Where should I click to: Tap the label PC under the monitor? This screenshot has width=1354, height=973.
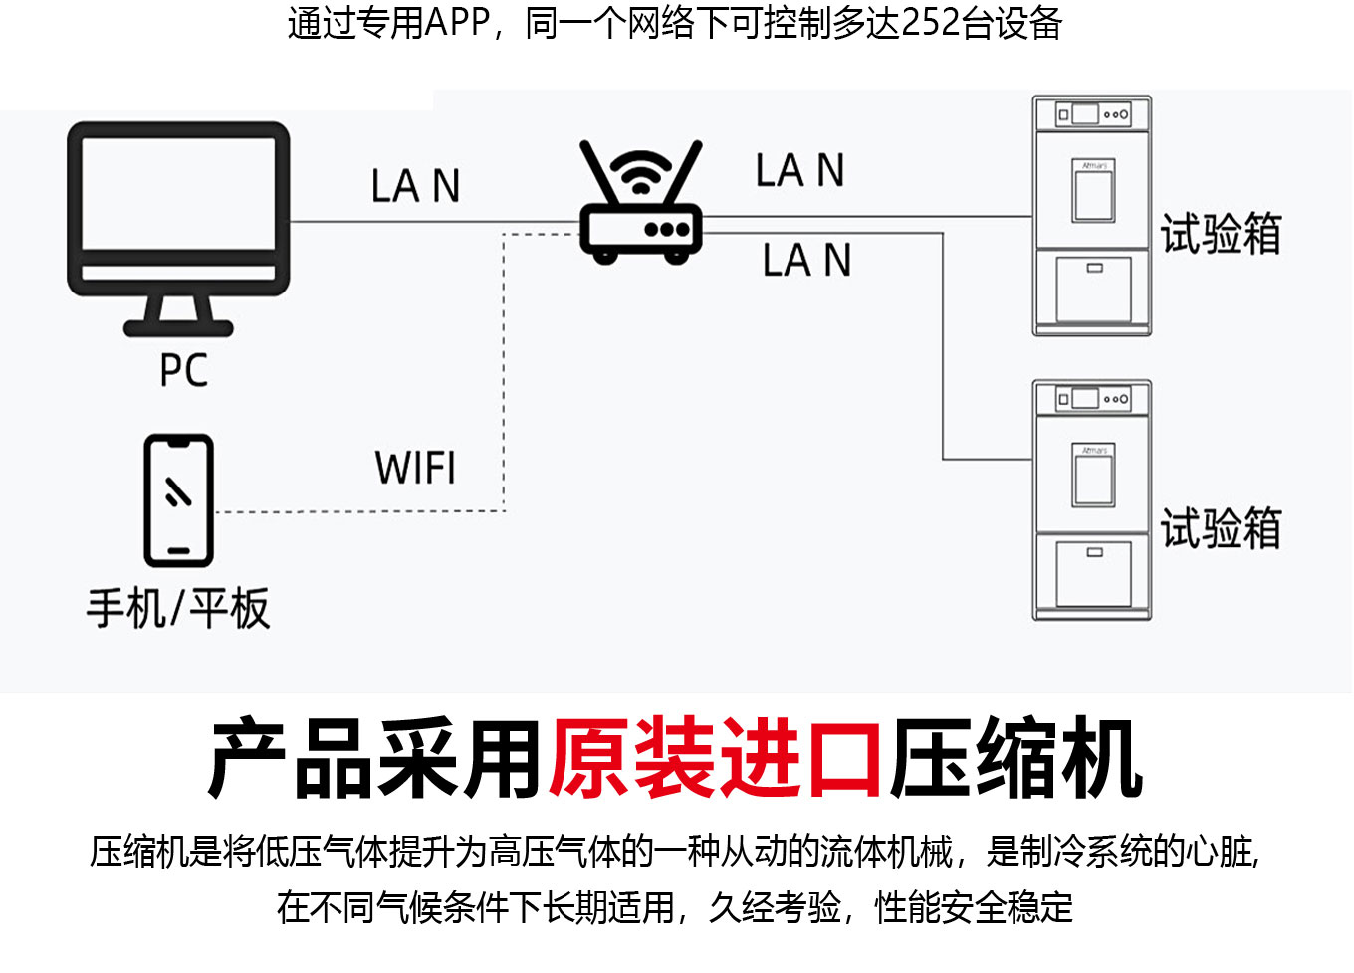(184, 370)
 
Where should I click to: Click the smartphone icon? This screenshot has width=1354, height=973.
(179, 499)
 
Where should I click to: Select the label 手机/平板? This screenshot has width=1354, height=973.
(178, 608)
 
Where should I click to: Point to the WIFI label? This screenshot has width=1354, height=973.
(415, 468)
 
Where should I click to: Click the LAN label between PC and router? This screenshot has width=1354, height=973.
(415, 186)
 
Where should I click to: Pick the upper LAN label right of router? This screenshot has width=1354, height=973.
(799, 170)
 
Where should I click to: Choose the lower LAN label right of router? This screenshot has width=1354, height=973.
(806, 261)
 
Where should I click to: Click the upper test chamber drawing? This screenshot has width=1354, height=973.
(1092, 216)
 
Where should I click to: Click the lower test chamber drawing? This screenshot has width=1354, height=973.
(1092, 499)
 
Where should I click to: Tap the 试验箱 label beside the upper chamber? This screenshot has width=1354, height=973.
(1221, 235)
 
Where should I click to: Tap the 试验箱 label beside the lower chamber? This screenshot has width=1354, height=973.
(1221, 527)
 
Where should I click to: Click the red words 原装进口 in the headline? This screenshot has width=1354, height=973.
(715, 760)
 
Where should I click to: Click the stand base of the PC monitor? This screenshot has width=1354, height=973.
(178, 327)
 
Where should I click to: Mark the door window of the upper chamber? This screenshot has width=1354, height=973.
(1093, 191)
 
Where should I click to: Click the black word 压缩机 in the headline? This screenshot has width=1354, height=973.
(1016, 760)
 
